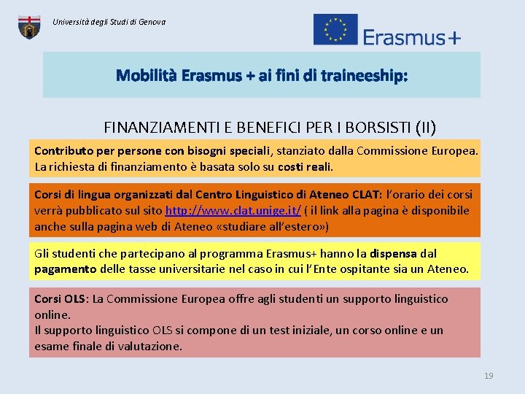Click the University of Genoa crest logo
pyautogui.click(x=29, y=26)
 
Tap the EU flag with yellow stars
pyautogui.click(x=335, y=30)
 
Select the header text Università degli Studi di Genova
pyautogui.click(x=109, y=22)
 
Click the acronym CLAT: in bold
pyautogui.click(x=364, y=195)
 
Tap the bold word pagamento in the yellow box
pyautogui.click(x=65, y=269)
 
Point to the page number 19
pyautogui.click(x=489, y=376)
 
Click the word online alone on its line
pyautogui.click(x=52, y=314)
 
